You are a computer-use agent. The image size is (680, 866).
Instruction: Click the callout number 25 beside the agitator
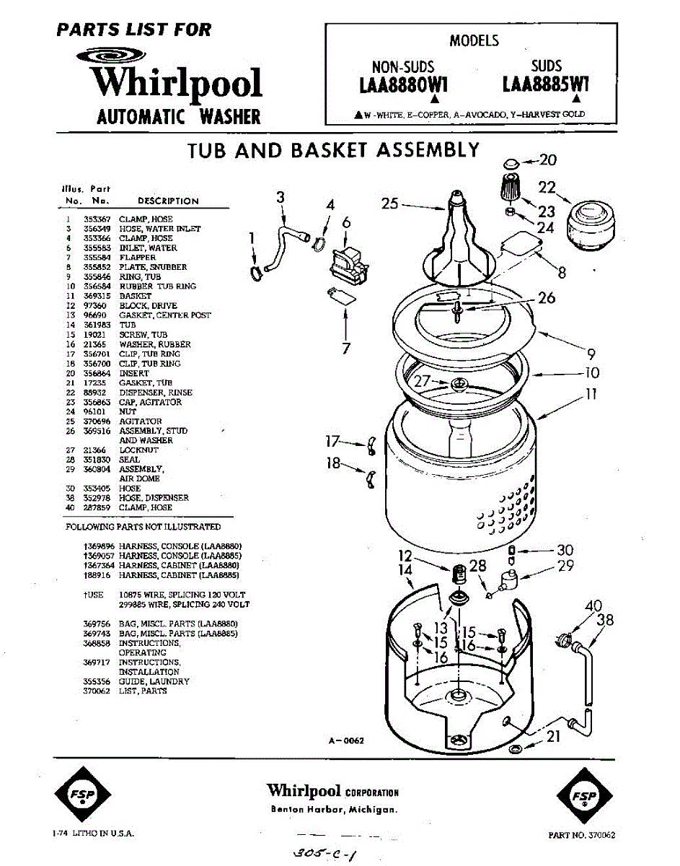(390, 204)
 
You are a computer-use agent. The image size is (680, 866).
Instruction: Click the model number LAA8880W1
(404, 85)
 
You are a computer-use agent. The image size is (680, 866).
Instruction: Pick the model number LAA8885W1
(546, 85)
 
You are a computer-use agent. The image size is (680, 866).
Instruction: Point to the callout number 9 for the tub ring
(591, 354)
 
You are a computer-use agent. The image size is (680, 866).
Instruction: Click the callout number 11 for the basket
(591, 395)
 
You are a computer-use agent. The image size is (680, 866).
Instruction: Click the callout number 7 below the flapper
(346, 349)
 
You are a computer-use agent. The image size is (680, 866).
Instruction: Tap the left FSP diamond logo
(82, 795)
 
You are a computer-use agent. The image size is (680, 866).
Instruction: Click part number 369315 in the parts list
(96, 296)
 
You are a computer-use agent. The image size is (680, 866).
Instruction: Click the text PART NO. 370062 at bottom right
(581, 835)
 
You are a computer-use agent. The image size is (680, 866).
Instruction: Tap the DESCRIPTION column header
(167, 201)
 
